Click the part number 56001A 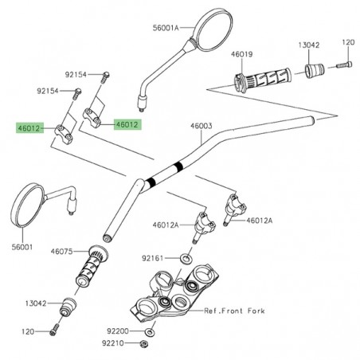(x=166, y=26)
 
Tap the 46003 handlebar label (x=201, y=126)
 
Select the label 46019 (x=242, y=54)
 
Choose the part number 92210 (x=112, y=344)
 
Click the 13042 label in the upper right (x=310, y=45)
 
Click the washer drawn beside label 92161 (x=185, y=259)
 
